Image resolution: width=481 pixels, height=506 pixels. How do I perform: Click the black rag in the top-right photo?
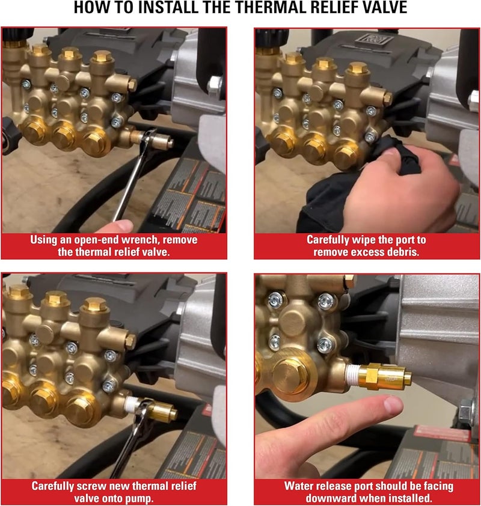[337, 192]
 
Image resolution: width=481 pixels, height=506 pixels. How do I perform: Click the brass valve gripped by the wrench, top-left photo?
[158, 142]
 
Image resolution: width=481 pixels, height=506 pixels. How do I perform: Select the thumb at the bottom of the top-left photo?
[123, 226]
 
